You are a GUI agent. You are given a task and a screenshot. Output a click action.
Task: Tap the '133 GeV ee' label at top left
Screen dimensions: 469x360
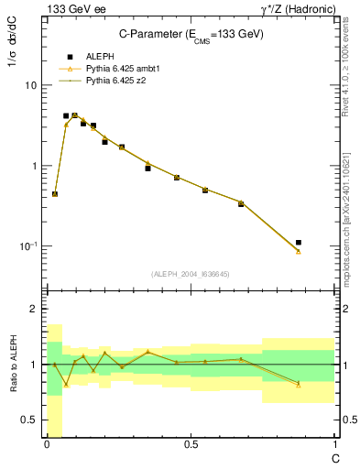click(70, 8)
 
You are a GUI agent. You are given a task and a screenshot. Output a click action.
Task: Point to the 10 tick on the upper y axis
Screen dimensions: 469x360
click(30, 85)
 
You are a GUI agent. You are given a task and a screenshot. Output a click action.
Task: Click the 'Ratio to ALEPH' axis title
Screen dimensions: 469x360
click(13, 365)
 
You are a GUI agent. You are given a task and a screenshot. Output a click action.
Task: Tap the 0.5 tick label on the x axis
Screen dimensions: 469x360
click(190, 444)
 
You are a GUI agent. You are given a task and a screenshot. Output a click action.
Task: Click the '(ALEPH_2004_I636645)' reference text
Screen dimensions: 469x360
click(191, 273)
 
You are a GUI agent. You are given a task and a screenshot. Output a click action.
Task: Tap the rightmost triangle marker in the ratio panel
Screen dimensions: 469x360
click(299, 385)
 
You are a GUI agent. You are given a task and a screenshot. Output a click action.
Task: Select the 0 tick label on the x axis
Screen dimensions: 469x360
click(47, 444)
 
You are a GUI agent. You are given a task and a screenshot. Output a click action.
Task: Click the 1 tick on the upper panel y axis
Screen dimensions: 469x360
click(34, 166)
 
